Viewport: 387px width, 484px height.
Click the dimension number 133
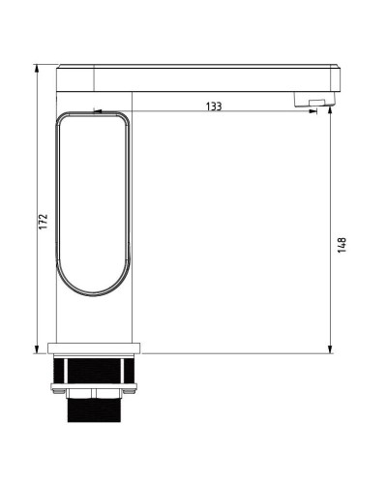[x=213, y=106]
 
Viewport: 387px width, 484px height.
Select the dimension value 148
[x=342, y=245]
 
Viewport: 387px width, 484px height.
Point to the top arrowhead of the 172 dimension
[x=38, y=70]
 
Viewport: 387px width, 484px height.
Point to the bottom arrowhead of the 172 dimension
[x=38, y=348]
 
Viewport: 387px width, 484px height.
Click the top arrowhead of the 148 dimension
[x=330, y=114]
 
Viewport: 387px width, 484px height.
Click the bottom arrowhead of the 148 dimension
[x=330, y=348]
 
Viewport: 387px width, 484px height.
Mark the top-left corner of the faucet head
[x=59, y=67]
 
